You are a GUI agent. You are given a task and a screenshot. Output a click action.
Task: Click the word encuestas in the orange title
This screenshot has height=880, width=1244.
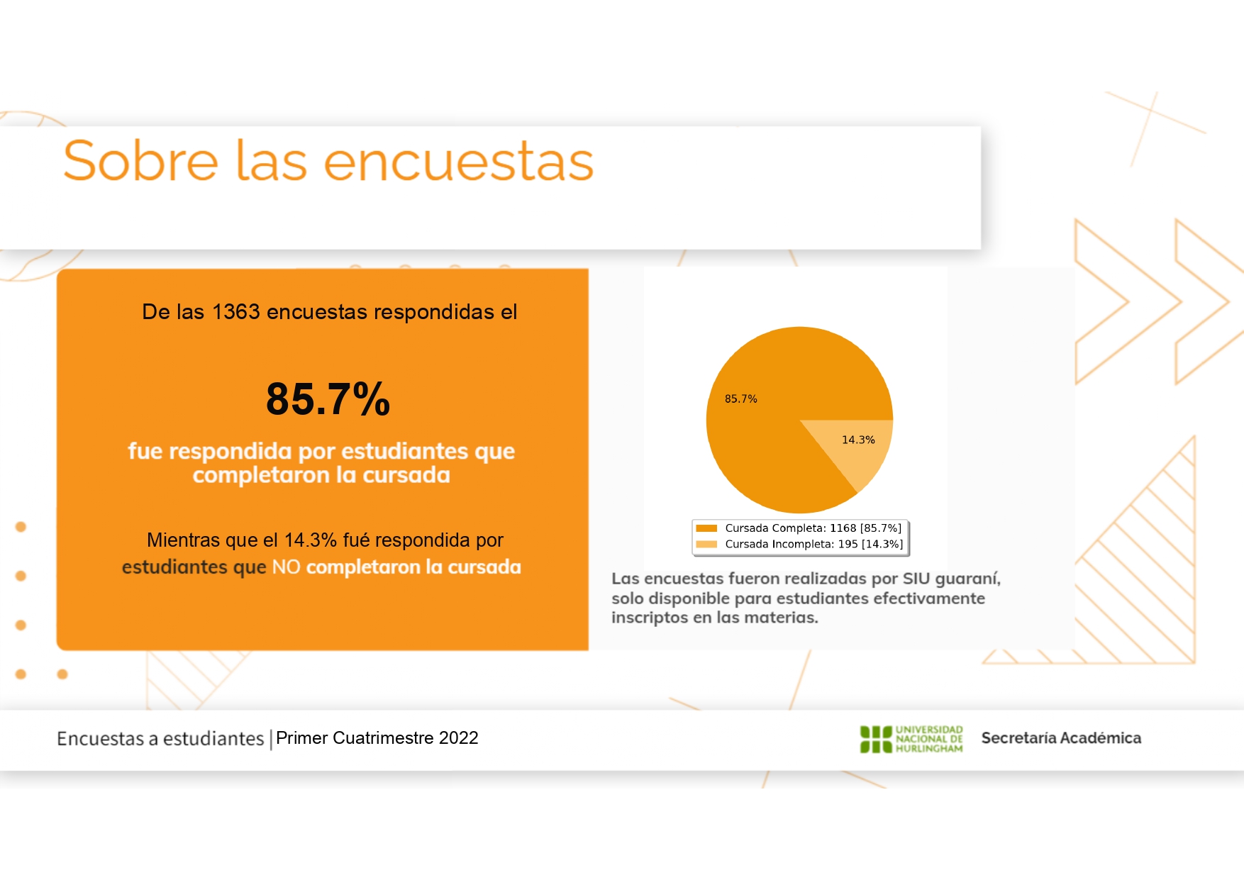coord(459,162)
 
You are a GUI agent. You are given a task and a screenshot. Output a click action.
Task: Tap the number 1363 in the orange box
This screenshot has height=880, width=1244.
coord(236,312)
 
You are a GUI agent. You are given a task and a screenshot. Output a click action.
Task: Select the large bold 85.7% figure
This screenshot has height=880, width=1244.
coord(328,399)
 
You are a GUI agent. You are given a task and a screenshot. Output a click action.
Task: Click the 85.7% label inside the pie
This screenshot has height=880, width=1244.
coord(741,399)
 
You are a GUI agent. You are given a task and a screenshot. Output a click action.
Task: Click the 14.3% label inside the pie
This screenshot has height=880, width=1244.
coord(858,440)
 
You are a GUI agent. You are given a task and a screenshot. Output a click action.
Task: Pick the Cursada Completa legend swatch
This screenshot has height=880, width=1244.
coord(706,528)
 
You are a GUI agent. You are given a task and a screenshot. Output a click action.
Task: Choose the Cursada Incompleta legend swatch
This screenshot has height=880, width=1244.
coord(706,545)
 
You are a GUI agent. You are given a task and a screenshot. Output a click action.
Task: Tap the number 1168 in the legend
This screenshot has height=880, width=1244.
coord(843,528)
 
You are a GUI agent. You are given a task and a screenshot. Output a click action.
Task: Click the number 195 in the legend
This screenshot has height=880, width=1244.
coord(848,545)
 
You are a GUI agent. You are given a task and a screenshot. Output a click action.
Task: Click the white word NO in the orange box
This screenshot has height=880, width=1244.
coord(287,567)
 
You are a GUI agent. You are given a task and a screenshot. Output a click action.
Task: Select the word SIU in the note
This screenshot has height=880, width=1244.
coord(916,579)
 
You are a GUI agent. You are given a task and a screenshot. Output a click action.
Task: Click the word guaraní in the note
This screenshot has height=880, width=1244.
coord(968,579)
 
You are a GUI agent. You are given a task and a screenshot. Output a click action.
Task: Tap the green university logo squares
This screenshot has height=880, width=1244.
coord(876,739)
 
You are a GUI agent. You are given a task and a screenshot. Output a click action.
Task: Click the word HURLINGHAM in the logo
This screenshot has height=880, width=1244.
coord(929,749)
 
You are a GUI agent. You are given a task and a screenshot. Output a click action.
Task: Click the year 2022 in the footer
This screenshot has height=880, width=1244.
coord(459,738)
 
